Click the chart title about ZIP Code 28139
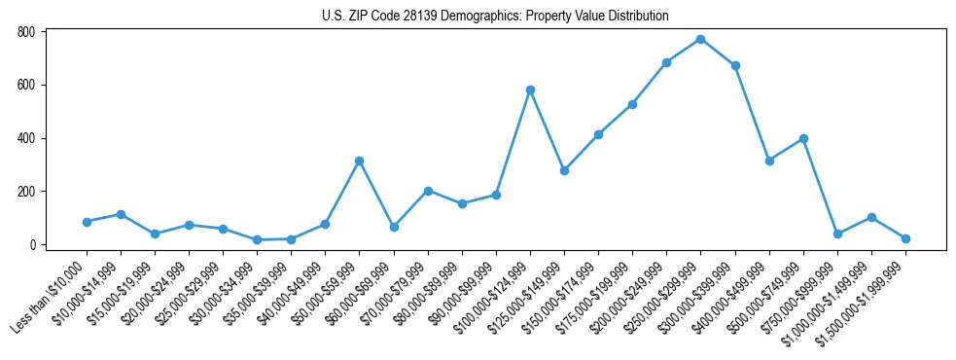click(495, 17)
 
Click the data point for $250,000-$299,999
click(700, 39)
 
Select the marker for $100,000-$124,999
click(530, 90)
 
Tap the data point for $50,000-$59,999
click(359, 161)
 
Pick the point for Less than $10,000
click(87, 222)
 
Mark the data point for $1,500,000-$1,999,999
click(905, 238)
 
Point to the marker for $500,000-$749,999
click(803, 138)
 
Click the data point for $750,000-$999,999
click(837, 234)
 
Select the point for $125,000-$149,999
click(564, 170)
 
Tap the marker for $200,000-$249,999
click(666, 62)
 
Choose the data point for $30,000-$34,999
click(257, 239)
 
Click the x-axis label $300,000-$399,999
click(699, 292)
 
